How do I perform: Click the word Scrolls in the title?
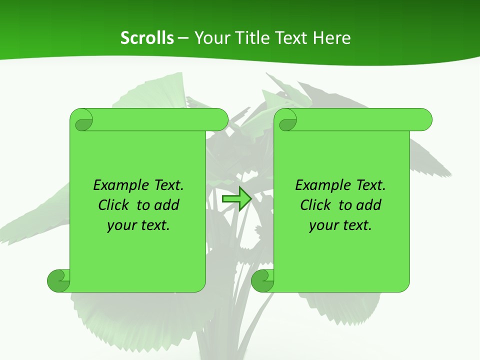coord(147,37)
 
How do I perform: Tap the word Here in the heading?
coord(331,37)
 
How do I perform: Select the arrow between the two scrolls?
coord(236,199)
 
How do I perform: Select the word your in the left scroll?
coord(121,225)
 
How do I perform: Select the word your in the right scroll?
coord(323,225)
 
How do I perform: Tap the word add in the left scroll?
coord(167,205)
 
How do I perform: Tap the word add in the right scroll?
coord(369,205)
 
